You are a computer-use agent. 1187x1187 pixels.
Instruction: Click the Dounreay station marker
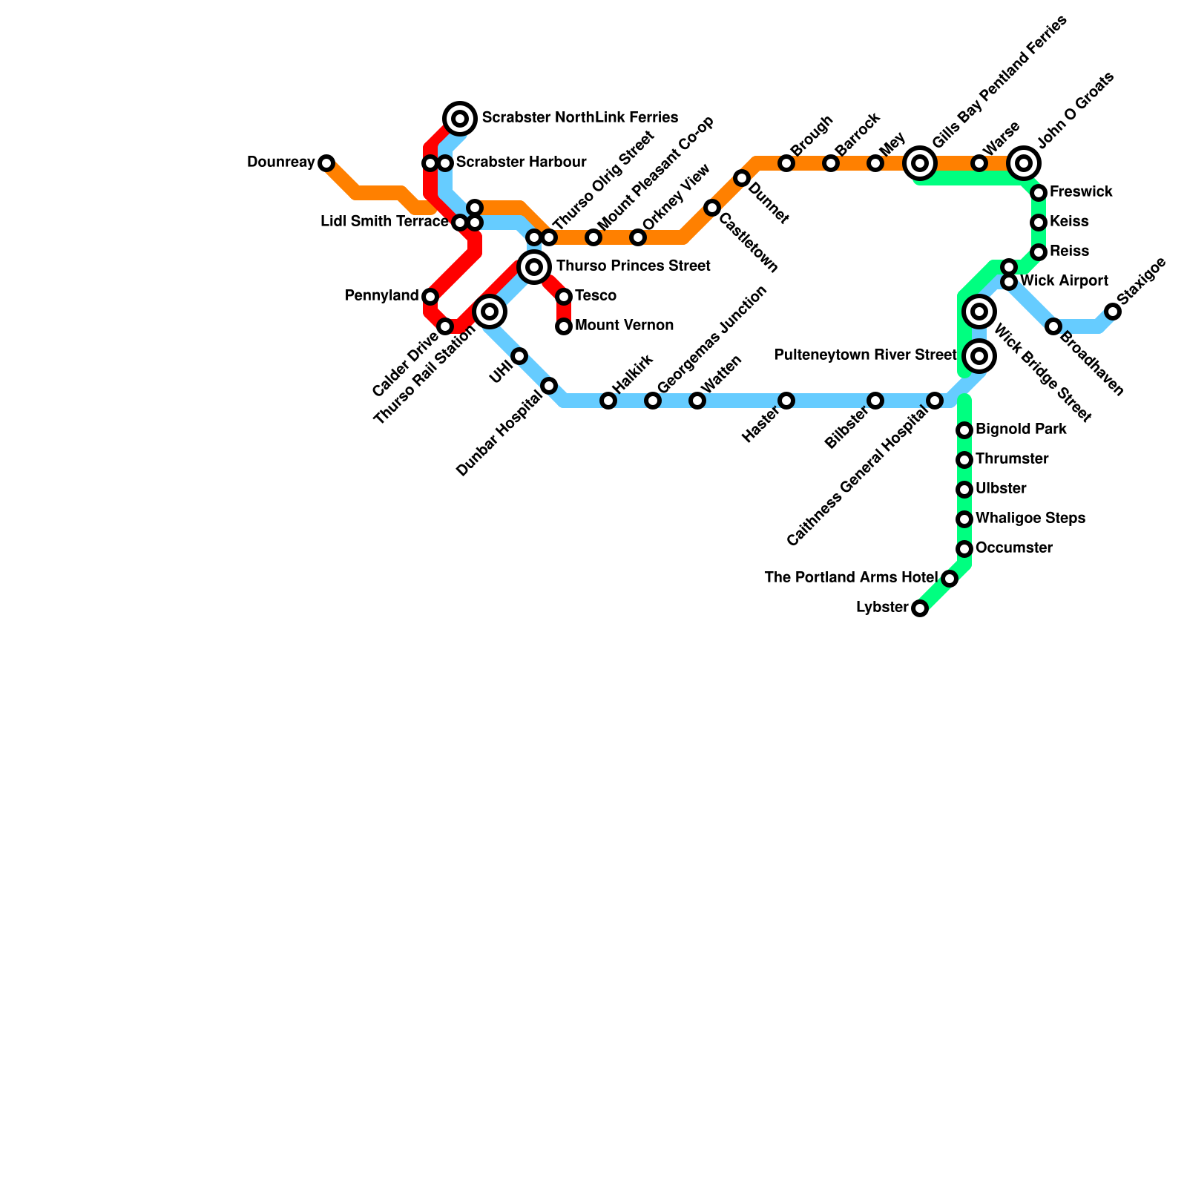coord(326,163)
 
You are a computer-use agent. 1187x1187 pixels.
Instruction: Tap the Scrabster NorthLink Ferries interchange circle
coord(460,119)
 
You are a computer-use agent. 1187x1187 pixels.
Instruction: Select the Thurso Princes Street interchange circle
coord(534,267)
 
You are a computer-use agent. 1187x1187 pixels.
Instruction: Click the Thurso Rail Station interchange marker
coord(490,312)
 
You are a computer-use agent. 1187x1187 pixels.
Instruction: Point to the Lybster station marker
coord(920,608)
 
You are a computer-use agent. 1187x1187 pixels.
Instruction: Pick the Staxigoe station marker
coord(1113,312)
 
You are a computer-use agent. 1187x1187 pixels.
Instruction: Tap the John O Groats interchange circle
coord(1024,163)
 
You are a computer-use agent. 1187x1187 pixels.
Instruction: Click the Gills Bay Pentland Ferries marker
coord(920,163)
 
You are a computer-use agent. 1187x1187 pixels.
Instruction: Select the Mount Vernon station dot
coord(564,326)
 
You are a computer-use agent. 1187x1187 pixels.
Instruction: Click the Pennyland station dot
coord(430,297)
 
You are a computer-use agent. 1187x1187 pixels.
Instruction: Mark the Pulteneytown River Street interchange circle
coord(979,356)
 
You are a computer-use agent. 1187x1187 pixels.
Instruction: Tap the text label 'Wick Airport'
coord(1064,281)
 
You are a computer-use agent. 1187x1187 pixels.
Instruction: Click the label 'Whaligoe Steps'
coord(1030,519)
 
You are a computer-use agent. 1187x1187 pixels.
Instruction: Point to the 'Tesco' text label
coord(595,296)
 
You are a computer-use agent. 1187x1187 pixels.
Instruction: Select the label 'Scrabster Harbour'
coord(521,162)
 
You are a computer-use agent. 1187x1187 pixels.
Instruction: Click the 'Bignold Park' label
coord(1021,430)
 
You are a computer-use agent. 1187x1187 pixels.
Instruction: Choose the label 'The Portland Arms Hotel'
coord(851,578)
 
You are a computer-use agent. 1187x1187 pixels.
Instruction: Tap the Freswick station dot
coord(1039,193)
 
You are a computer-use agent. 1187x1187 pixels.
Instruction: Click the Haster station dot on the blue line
coord(786,401)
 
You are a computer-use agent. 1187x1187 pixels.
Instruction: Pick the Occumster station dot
coord(964,549)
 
